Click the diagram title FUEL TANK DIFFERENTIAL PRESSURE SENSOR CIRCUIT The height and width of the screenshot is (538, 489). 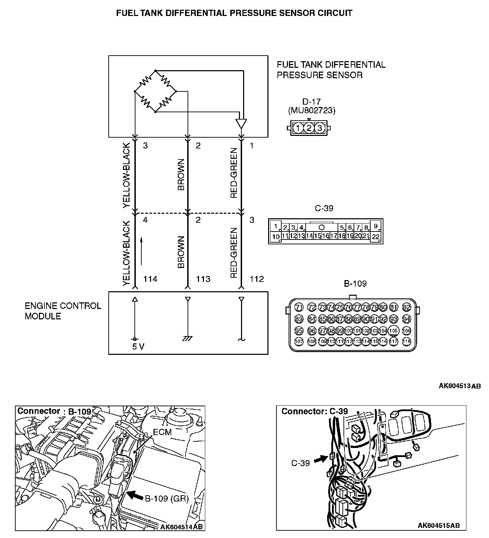coord(234,13)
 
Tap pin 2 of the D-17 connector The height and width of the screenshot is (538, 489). coord(309,128)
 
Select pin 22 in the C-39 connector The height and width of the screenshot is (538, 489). coord(376,237)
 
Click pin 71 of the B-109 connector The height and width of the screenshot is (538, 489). coord(299,307)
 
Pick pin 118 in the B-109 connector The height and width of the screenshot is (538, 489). coord(406,342)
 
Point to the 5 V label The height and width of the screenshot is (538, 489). coord(138,347)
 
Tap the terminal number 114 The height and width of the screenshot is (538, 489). coord(150,279)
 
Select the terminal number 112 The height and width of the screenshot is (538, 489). coord(257,279)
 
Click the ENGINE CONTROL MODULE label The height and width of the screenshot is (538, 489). coord(63,311)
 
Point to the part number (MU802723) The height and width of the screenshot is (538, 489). coord(312,111)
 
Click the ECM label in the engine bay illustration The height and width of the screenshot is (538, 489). coord(162,432)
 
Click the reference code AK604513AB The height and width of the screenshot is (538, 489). coord(459,386)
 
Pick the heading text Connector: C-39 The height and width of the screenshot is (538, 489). coord(314,411)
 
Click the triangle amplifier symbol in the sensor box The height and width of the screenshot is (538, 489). coord(241,123)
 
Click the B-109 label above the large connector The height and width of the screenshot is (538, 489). coord(355,284)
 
